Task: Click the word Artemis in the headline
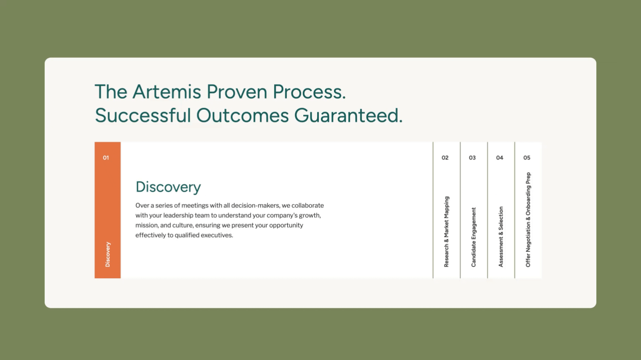167,92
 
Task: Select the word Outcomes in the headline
242,116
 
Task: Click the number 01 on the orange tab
106,158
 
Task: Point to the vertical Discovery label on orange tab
108,254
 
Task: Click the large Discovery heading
168,187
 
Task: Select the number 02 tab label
445,158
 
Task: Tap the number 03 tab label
472,158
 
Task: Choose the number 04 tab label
500,158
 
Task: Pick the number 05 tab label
527,158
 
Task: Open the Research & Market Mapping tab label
447,231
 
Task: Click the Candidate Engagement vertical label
474,237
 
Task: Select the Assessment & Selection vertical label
501,237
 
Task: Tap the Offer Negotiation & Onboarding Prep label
528,220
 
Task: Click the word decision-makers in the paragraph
256,205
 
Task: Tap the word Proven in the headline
237,92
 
